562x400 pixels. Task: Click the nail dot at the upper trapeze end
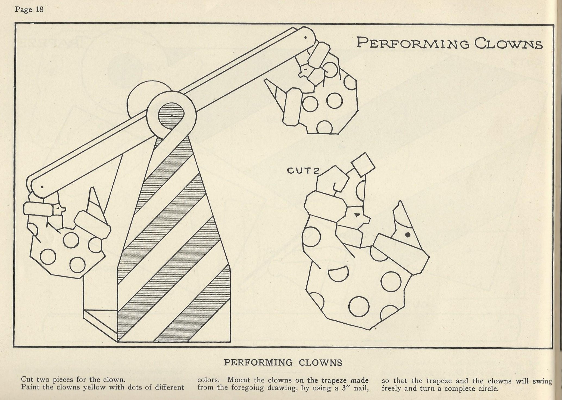coord(305,38)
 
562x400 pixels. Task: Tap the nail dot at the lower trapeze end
coord(42,187)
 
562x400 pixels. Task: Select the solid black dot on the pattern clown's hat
coord(407,235)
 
